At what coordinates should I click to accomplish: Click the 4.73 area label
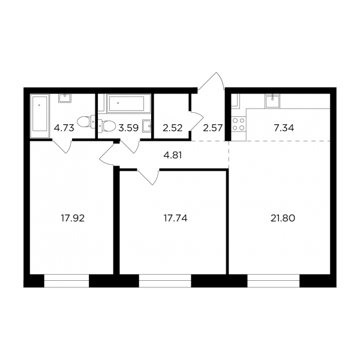[x=64, y=128]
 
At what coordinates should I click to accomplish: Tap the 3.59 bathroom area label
[x=128, y=128]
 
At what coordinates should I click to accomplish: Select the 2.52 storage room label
[x=173, y=128]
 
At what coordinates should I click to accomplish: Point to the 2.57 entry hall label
[x=213, y=128]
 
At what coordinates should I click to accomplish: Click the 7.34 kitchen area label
[x=284, y=128]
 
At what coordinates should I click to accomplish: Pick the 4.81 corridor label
[x=173, y=155]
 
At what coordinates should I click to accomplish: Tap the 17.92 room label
[x=73, y=218]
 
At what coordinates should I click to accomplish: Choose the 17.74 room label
[x=175, y=218]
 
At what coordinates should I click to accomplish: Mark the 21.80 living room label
[x=283, y=218]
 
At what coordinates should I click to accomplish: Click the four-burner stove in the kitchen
[x=239, y=124]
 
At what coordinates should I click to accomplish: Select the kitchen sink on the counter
[x=272, y=101]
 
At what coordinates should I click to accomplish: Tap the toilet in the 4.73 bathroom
[x=86, y=121]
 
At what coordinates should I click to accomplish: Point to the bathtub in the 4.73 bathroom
[x=40, y=116]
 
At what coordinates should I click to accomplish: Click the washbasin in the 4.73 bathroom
[x=65, y=98]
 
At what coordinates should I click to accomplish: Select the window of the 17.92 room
[x=67, y=281]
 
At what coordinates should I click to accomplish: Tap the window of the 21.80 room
[x=274, y=281]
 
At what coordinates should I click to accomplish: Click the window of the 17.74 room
[x=165, y=281]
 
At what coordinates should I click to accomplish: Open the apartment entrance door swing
[x=211, y=81]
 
